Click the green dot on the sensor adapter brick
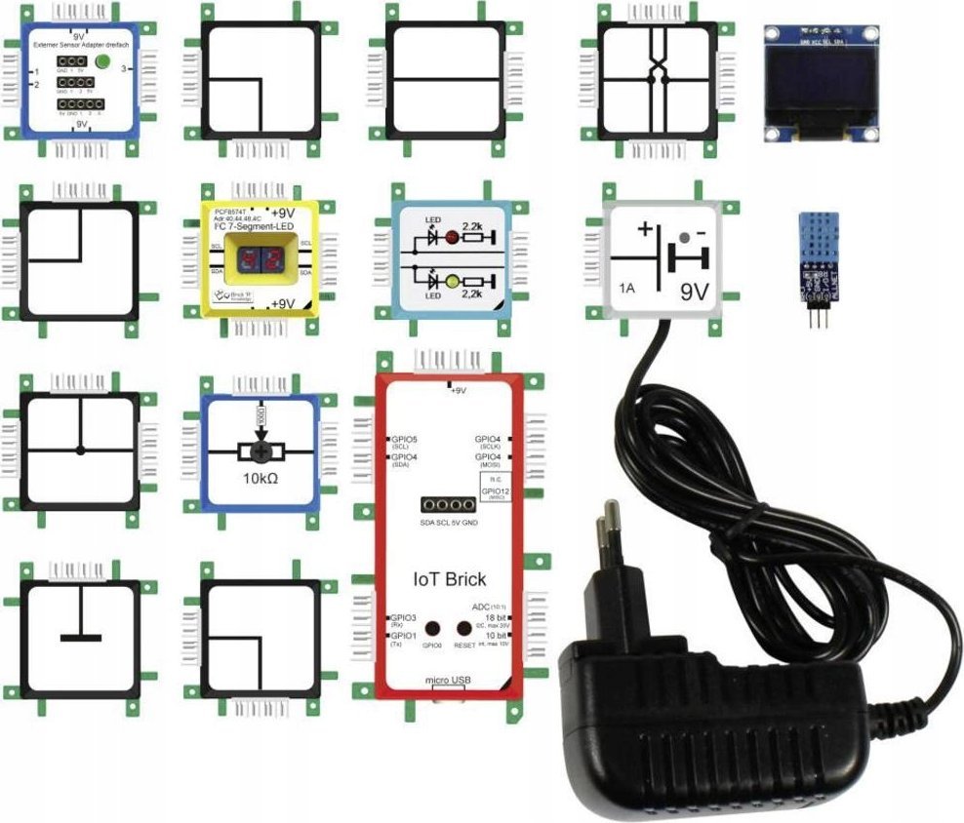click(102, 62)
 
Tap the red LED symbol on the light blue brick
click(452, 236)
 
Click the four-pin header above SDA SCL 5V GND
click(448, 505)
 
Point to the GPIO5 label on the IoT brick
click(404, 440)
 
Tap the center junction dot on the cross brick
click(81, 450)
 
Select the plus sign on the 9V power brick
click(644, 230)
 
